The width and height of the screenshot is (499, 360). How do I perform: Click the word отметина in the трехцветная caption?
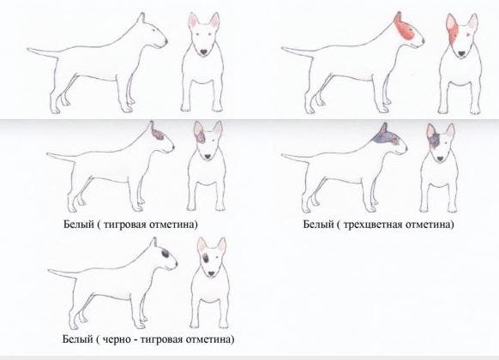click(427, 225)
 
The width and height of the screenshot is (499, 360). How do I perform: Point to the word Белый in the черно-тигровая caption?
click(77, 339)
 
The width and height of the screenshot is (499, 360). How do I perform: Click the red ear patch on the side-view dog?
click(404, 28)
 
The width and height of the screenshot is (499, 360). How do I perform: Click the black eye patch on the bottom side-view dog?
click(165, 254)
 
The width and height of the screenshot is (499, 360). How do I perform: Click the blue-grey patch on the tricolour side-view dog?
click(385, 136)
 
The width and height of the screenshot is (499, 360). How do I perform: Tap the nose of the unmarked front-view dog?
click(204, 51)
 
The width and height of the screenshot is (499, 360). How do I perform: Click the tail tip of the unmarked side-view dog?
click(28, 49)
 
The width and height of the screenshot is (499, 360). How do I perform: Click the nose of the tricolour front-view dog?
click(441, 159)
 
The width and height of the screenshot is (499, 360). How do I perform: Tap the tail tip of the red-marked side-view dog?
click(283, 48)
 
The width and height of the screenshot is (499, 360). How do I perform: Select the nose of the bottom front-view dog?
click(211, 273)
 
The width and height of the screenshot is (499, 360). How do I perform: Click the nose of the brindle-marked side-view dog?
click(173, 147)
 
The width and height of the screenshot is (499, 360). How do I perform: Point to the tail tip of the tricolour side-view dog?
click(283, 155)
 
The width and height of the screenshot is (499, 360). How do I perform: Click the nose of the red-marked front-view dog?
click(460, 53)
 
